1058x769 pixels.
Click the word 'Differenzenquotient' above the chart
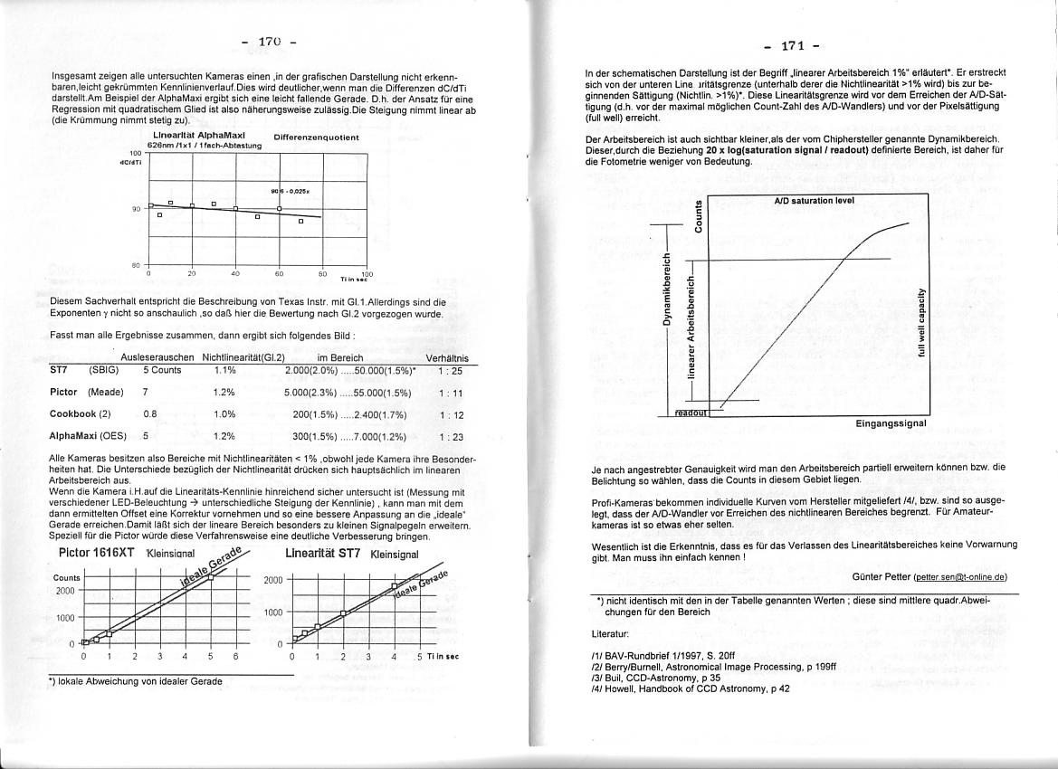pos(316,138)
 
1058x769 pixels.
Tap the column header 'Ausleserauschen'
pos(157,358)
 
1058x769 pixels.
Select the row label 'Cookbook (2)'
pos(80,414)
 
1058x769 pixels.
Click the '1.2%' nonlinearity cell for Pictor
pos(224,393)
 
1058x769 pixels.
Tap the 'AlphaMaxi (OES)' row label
pos(88,437)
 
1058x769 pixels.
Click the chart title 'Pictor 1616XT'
pos(97,552)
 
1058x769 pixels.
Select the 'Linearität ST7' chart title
pos(323,552)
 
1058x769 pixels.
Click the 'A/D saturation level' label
pos(815,200)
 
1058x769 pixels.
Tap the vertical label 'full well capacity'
pos(920,324)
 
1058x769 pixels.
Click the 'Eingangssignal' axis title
pos(891,422)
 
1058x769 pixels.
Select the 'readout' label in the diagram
pos(691,413)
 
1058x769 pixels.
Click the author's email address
pos(960,576)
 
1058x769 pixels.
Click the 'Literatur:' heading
pos(609,634)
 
